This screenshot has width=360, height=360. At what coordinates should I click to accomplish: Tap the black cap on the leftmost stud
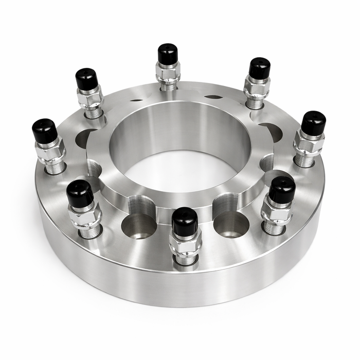pos(45,132)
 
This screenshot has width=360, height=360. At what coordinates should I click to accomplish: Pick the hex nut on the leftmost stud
pos(50,151)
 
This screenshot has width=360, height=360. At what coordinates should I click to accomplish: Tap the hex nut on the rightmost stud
pos(309,143)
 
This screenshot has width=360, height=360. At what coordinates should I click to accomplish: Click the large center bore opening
pos(180,154)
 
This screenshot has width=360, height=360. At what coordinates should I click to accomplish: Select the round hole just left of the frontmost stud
pos(139,226)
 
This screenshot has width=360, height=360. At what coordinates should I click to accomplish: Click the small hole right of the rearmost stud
pos(213,96)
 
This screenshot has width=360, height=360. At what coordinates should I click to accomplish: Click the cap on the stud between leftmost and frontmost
pos(80,193)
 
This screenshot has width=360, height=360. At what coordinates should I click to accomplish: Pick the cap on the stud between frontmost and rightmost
pos(282,190)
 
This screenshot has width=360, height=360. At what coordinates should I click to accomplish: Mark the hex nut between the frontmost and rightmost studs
pos(277,210)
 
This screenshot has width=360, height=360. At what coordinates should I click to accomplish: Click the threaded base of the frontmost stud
pos(186,259)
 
